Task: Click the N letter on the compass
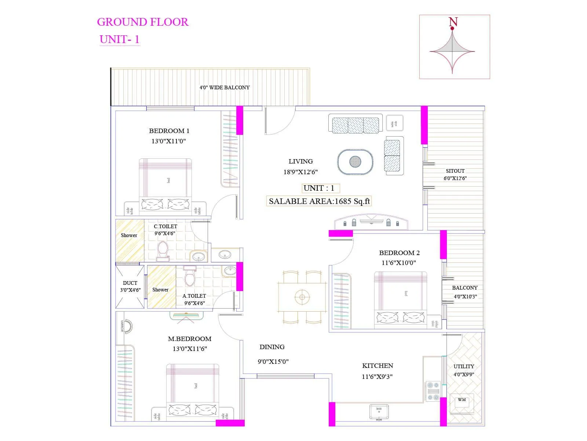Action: [453, 22]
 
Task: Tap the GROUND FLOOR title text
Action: [143, 22]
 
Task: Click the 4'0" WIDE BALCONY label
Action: [225, 87]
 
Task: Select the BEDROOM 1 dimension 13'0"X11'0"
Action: [169, 141]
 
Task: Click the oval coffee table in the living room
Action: [355, 162]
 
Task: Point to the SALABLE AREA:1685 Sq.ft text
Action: [319, 201]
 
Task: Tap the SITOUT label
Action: [455, 171]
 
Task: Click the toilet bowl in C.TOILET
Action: [163, 250]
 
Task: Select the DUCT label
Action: [130, 283]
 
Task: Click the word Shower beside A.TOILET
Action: [160, 290]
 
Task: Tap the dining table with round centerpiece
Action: [302, 297]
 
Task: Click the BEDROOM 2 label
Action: [399, 253]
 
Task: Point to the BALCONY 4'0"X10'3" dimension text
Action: [465, 297]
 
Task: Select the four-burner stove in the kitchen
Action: [433, 391]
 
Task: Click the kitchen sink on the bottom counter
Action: [379, 412]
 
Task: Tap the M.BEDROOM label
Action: [190, 339]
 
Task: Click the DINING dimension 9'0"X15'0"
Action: [273, 362]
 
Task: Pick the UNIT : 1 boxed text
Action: [319, 188]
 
